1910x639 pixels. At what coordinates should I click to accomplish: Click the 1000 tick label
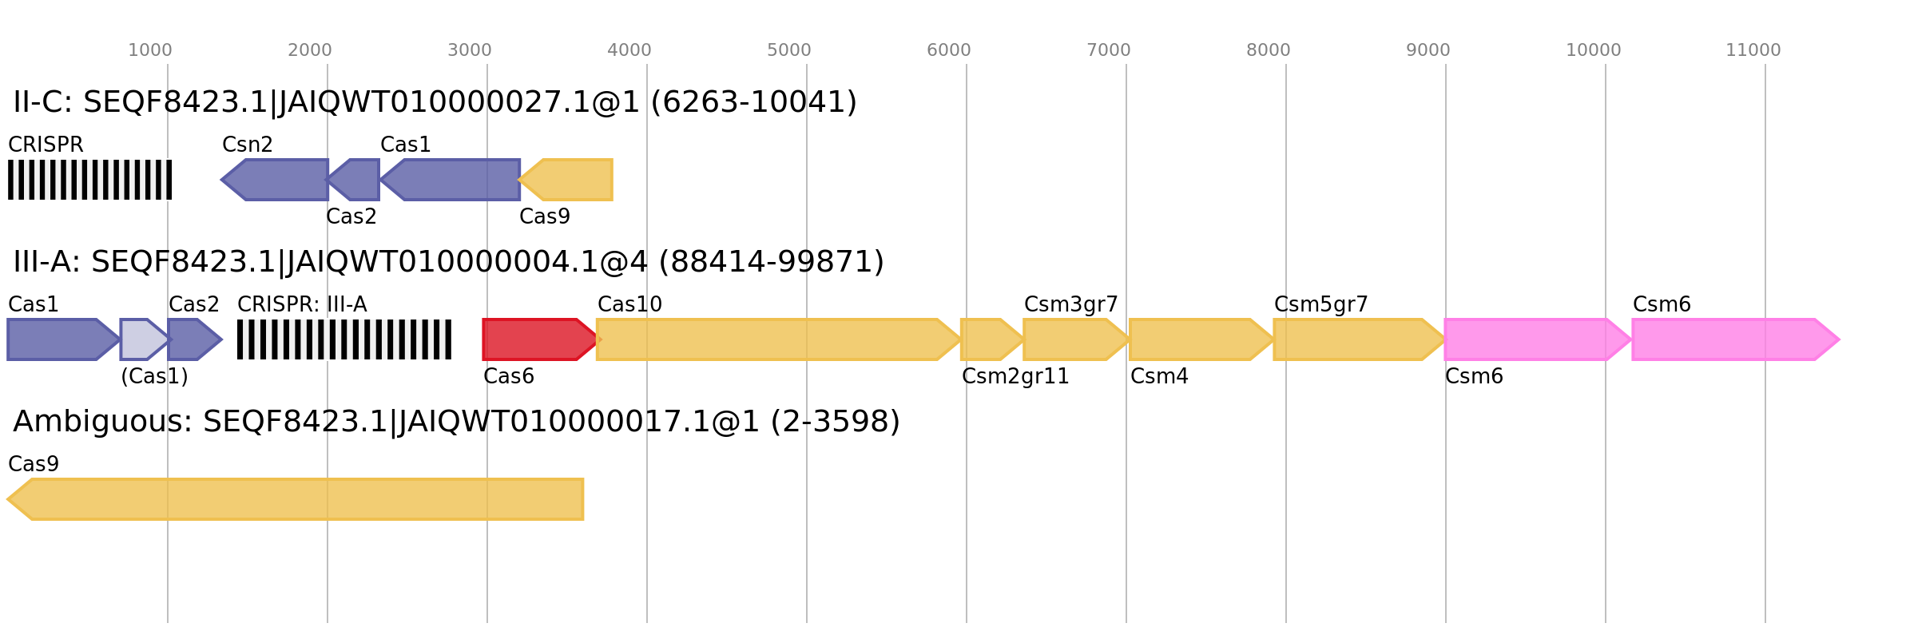coord(149,50)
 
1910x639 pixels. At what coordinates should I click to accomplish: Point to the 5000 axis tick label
coord(788,50)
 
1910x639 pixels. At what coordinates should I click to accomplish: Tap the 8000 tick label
coord(1268,50)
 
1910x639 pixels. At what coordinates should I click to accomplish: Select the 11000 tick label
coord(1753,50)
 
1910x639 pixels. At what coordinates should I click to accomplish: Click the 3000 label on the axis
coord(469,50)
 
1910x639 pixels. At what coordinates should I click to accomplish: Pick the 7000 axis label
coord(1108,50)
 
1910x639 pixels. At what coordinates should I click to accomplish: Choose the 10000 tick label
coord(1593,50)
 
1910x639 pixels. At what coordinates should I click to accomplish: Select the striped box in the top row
coord(89,180)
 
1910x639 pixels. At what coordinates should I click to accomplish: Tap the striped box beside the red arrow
coord(344,339)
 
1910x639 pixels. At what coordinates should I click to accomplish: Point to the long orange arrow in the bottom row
coord(296,499)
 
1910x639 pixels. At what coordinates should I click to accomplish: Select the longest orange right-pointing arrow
coord(775,339)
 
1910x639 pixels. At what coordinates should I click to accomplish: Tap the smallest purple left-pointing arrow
coord(355,180)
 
